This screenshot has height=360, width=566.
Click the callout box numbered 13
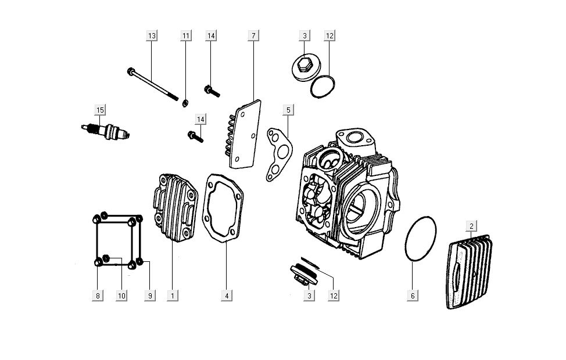(152, 36)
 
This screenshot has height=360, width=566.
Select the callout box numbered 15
(100, 110)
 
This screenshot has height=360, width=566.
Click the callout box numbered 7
(253, 36)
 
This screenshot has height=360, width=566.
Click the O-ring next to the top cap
(321, 87)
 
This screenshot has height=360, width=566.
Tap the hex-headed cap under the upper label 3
(303, 68)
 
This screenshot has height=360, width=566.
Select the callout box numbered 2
(471, 226)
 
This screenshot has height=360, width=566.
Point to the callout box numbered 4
(228, 296)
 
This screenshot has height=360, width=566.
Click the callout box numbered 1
(172, 296)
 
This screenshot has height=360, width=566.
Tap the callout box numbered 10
(121, 296)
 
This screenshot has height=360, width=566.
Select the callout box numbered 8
(98, 296)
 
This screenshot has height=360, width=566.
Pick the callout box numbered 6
(413, 296)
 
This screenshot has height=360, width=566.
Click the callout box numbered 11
(186, 36)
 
